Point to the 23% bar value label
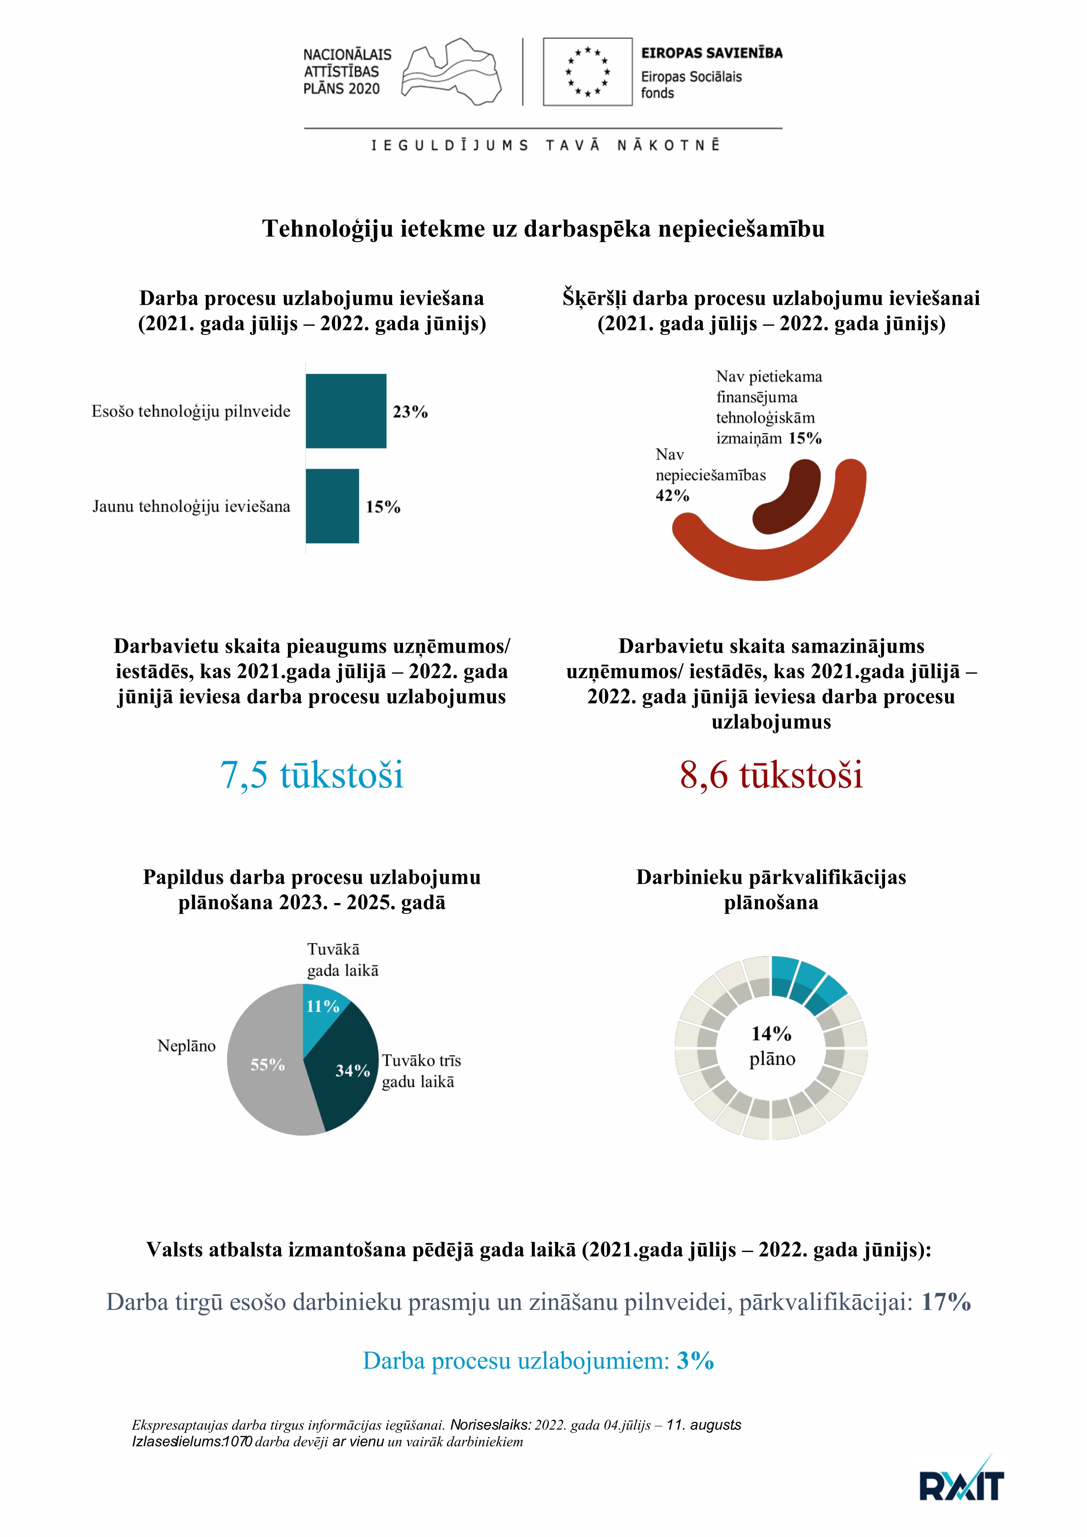pos(410,412)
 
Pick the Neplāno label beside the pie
pos(186,1046)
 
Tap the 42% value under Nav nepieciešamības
pos(672,495)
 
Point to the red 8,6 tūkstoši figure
pos(771,775)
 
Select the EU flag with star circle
pos(587,71)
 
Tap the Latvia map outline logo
pos(451,71)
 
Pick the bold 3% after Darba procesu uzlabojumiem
pos(695,1361)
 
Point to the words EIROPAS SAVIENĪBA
pos(712,53)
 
